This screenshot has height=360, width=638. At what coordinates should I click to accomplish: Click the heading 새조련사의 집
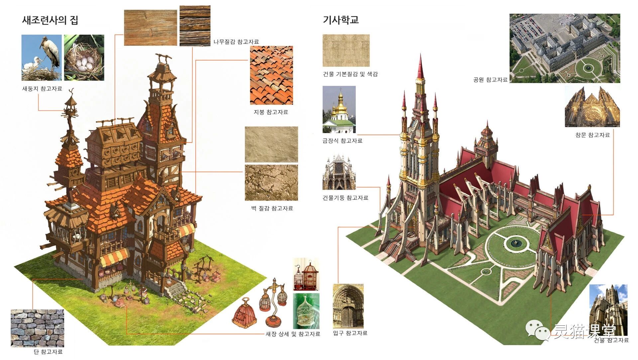click(50, 20)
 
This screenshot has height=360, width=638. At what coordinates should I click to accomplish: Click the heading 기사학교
click(341, 20)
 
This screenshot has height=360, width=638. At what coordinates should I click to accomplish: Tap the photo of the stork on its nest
click(42, 58)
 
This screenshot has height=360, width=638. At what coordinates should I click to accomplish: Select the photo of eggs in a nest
click(84, 58)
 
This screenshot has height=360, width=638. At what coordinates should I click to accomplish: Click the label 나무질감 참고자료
click(236, 42)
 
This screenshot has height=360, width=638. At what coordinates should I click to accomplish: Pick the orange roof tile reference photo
click(271, 75)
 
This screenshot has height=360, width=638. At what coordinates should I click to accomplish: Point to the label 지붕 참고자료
click(271, 112)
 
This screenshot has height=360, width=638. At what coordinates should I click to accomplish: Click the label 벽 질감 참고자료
click(272, 208)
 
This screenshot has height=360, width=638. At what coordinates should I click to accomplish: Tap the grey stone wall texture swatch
click(37, 328)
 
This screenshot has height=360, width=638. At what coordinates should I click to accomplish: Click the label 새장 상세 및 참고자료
click(293, 334)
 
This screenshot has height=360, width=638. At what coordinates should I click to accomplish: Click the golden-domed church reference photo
click(339, 110)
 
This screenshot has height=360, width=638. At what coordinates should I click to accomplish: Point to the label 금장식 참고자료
click(342, 141)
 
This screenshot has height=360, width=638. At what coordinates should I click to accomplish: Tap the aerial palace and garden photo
click(565, 48)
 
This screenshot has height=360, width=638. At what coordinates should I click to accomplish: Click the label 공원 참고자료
click(490, 80)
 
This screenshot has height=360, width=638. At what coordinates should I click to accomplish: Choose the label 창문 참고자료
click(592, 135)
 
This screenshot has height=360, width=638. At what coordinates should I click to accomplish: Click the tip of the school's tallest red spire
click(421, 55)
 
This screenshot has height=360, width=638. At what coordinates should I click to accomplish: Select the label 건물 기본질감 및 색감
click(350, 74)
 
